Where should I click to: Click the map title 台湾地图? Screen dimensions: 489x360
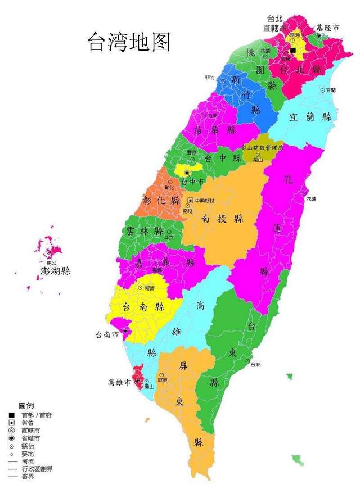129,43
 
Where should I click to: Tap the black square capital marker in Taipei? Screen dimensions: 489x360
292,50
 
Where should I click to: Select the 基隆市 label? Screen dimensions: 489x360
327,27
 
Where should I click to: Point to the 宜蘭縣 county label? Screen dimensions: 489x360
310,117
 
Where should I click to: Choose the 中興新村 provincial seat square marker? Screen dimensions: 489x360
190,200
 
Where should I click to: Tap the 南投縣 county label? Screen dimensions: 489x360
223,218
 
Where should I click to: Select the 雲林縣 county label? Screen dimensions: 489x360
145,231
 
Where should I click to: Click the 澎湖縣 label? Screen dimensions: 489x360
56,271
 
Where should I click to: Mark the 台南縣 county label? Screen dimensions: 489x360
143,306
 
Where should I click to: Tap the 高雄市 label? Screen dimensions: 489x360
119,383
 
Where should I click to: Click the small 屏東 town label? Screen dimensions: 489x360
163,381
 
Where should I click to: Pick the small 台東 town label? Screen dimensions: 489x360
255,364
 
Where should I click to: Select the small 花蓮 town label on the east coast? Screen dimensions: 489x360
311,199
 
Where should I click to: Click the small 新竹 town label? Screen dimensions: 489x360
210,78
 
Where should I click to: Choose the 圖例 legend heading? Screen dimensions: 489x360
26,405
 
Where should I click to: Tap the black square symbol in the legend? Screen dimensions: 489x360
11,415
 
